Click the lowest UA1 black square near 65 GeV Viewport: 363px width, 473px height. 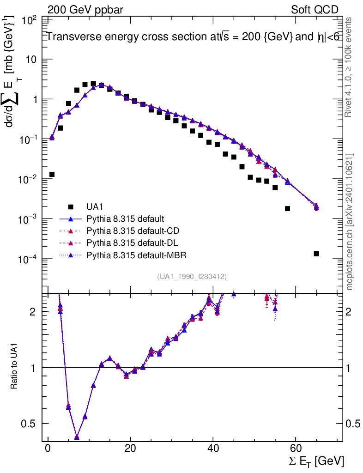point(316,254)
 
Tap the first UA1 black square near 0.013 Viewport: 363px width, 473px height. point(52,174)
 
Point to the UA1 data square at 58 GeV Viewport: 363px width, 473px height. point(287,208)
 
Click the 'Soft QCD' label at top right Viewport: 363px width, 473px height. point(315,10)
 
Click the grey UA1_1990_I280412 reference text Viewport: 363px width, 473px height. point(192,276)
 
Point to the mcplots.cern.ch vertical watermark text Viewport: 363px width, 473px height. point(350,222)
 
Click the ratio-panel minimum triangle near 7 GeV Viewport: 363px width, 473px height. point(77,437)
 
